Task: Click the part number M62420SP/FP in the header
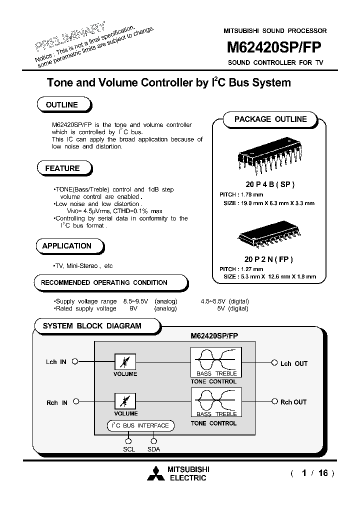(274, 47)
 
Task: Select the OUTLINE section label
(62, 105)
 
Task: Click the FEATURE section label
(62, 168)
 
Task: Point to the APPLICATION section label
(67, 246)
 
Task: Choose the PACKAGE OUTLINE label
(270, 119)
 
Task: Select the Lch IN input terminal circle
(75, 361)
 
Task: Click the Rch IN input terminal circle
(75, 401)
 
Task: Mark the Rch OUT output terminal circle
(274, 401)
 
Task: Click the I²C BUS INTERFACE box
(140, 425)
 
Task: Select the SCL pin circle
(128, 441)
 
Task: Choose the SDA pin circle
(153, 441)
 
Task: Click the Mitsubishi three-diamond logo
(156, 473)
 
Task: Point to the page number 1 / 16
(312, 473)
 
